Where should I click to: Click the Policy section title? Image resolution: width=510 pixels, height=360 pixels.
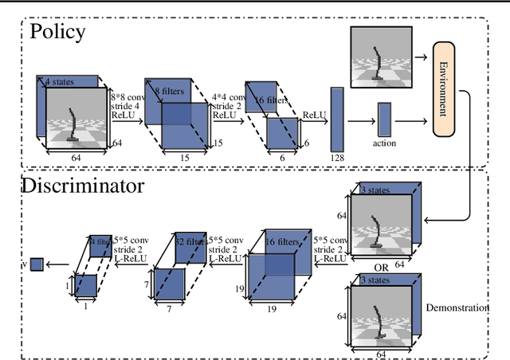tap(57, 33)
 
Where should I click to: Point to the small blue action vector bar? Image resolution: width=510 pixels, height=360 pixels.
tap(385, 119)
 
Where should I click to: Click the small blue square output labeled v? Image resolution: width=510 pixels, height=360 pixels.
tap(37, 264)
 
